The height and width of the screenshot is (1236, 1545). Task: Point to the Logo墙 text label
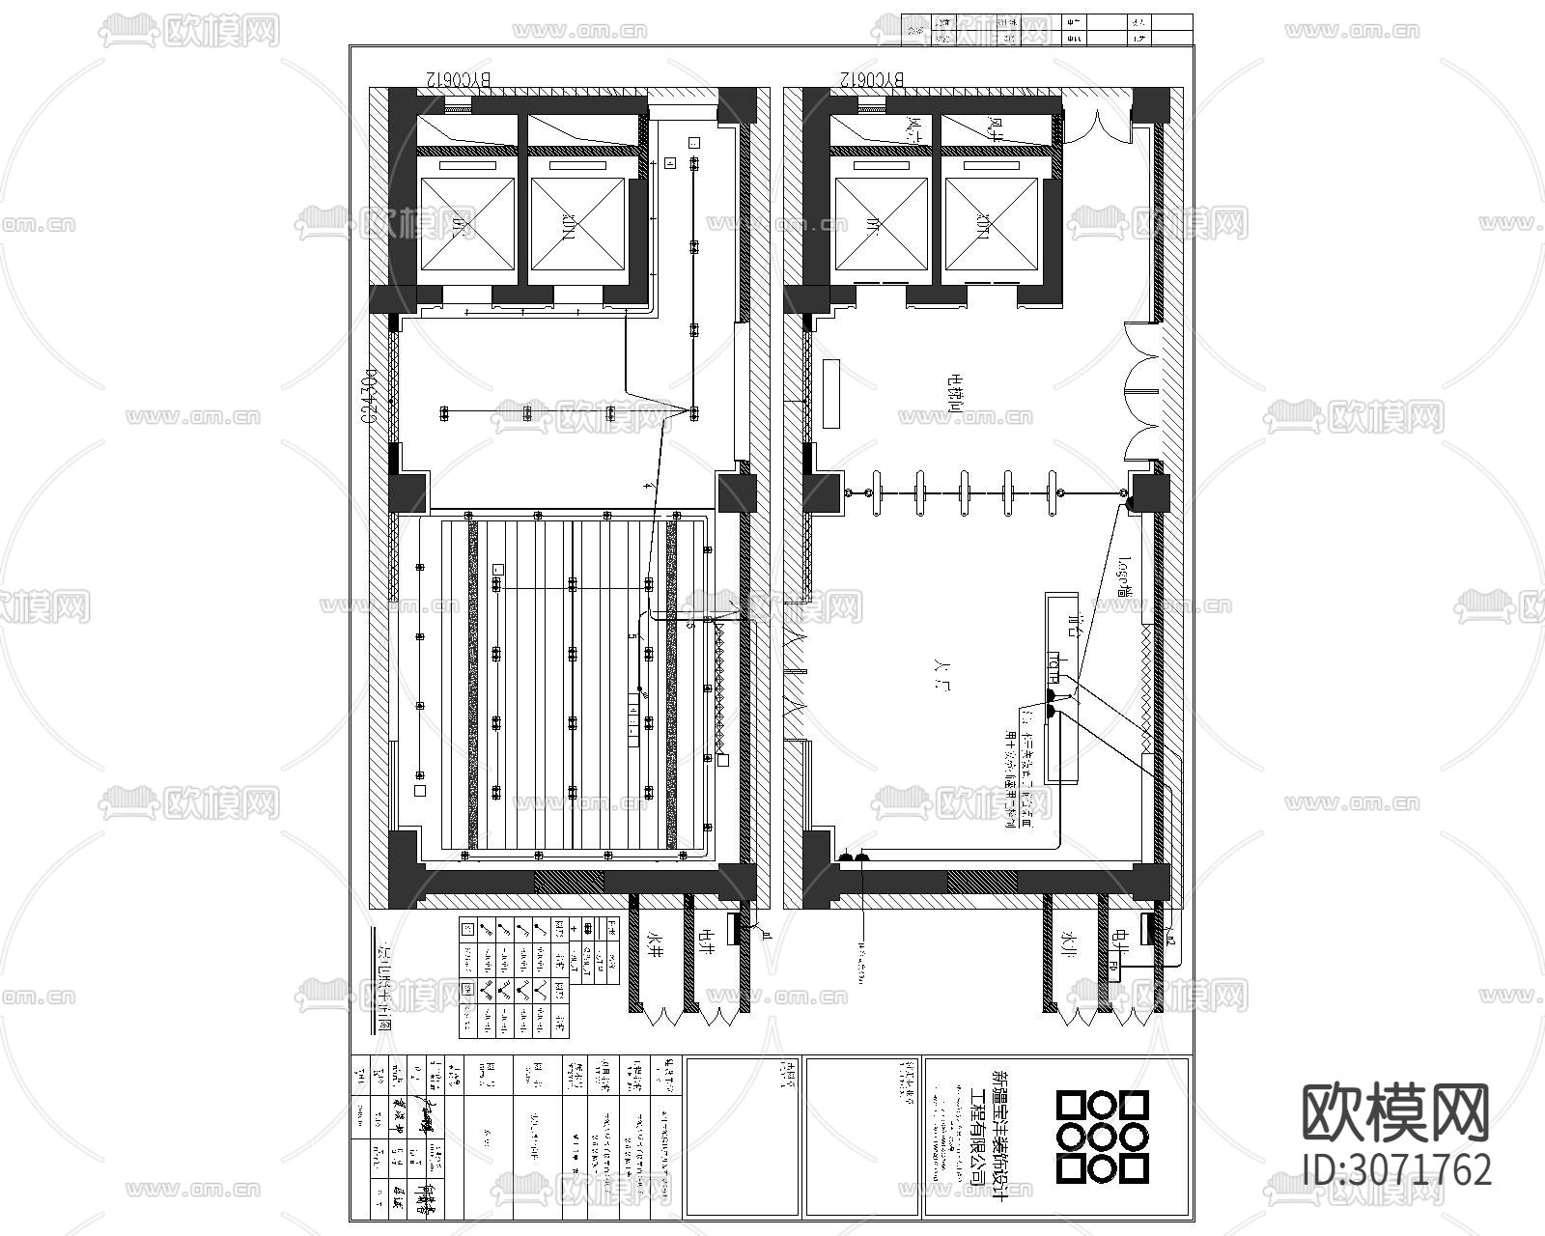pos(1125,576)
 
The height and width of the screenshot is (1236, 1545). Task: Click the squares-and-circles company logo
pos(1102,1137)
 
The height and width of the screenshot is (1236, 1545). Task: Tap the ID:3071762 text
pos(1397,1169)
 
